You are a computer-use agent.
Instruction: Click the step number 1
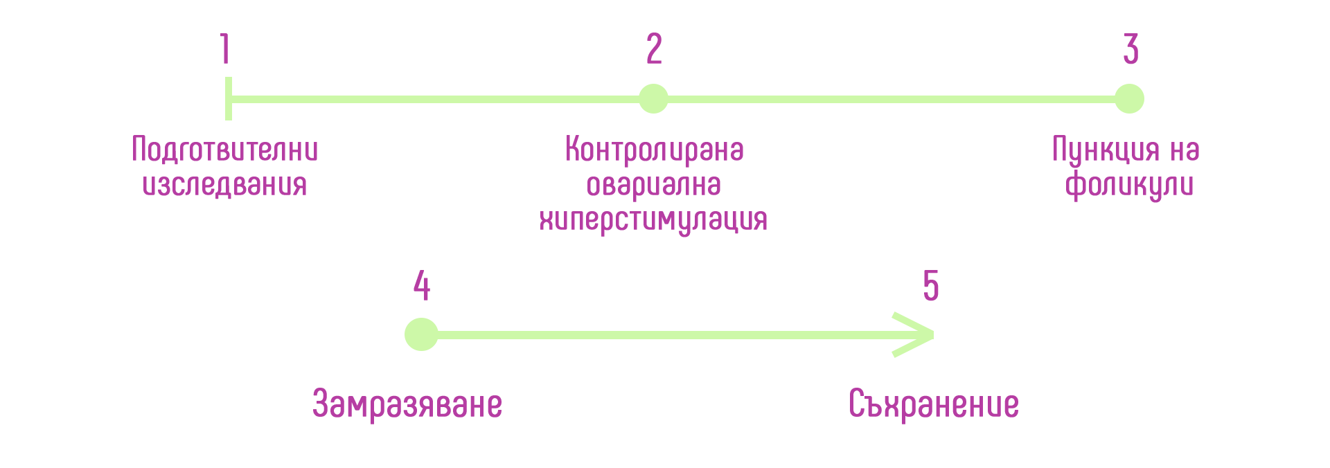[225, 48]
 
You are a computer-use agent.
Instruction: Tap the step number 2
[654, 48]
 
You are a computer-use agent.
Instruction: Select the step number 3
[1130, 48]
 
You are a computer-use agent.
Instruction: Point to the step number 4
[422, 285]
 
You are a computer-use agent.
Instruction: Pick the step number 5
[931, 285]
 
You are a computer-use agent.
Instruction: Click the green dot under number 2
[653, 99]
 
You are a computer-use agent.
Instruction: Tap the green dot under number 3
[1129, 99]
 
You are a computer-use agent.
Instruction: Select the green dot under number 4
[421, 334]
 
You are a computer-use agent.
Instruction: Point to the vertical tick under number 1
[229, 99]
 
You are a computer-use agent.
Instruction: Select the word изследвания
[224, 185]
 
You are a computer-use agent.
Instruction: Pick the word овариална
[654, 185]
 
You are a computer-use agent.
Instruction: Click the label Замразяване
[407, 404]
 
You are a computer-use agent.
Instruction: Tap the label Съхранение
[934, 404]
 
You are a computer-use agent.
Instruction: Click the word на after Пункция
[1185, 151]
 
